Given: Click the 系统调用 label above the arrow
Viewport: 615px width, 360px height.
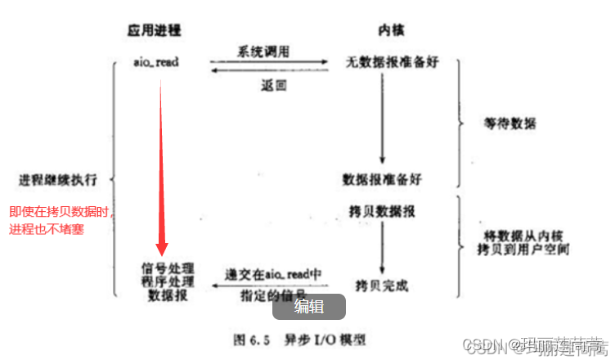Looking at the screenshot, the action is (x=263, y=50).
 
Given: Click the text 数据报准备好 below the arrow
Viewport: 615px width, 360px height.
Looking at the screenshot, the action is (x=383, y=178).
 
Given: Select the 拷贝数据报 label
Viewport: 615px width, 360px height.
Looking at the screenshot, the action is (x=381, y=211).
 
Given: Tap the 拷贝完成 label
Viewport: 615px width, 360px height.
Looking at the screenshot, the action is (x=381, y=285).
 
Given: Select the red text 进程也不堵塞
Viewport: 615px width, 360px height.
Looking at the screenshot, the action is (x=47, y=230).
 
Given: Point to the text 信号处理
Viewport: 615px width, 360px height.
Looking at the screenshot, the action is (x=164, y=268).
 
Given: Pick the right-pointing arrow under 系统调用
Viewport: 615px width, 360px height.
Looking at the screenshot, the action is (x=270, y=61).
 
